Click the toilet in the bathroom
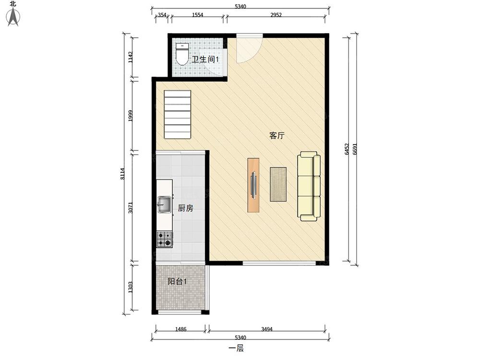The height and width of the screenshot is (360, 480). coord(182,54)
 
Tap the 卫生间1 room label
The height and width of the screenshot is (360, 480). coord(205,59)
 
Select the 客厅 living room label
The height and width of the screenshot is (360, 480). coord(277,135)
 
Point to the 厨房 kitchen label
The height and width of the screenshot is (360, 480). coord(185,208)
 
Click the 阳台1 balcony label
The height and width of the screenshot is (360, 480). coord(177,281)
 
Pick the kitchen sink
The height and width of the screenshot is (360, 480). coord(164,204)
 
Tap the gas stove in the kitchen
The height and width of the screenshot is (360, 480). coord(165,239)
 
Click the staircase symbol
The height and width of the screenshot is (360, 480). coord(178,114)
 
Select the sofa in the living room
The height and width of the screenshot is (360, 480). coord(309,186)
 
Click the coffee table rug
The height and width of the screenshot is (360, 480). coord(278,184)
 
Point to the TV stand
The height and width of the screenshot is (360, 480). coord(253,185)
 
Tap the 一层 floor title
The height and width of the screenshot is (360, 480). coord(236,348)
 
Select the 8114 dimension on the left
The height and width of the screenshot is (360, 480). coord(122,174)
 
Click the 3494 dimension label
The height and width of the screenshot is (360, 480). coord(267,329)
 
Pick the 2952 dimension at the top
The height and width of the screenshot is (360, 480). coord(276,15)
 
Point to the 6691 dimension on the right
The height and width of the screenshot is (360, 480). coord(355,149)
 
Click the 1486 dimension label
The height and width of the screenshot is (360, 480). coord(180,329)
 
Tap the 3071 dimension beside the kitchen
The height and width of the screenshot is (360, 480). coord(131,207)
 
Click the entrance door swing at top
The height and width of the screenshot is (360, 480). coord(249,48)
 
